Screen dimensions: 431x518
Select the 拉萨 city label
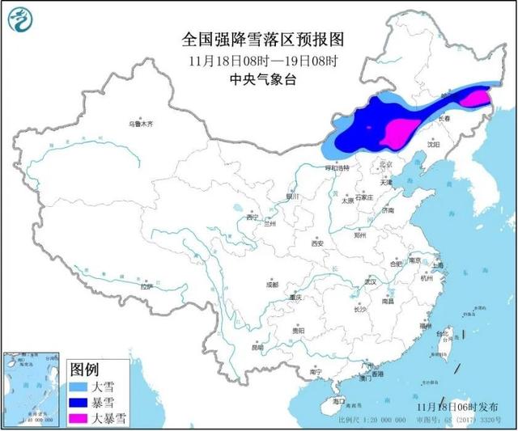146,286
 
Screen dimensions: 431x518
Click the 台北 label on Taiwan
443,334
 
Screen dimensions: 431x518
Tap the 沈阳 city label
435,146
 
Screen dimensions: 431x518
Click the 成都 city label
270,285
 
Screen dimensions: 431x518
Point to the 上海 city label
438,265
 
